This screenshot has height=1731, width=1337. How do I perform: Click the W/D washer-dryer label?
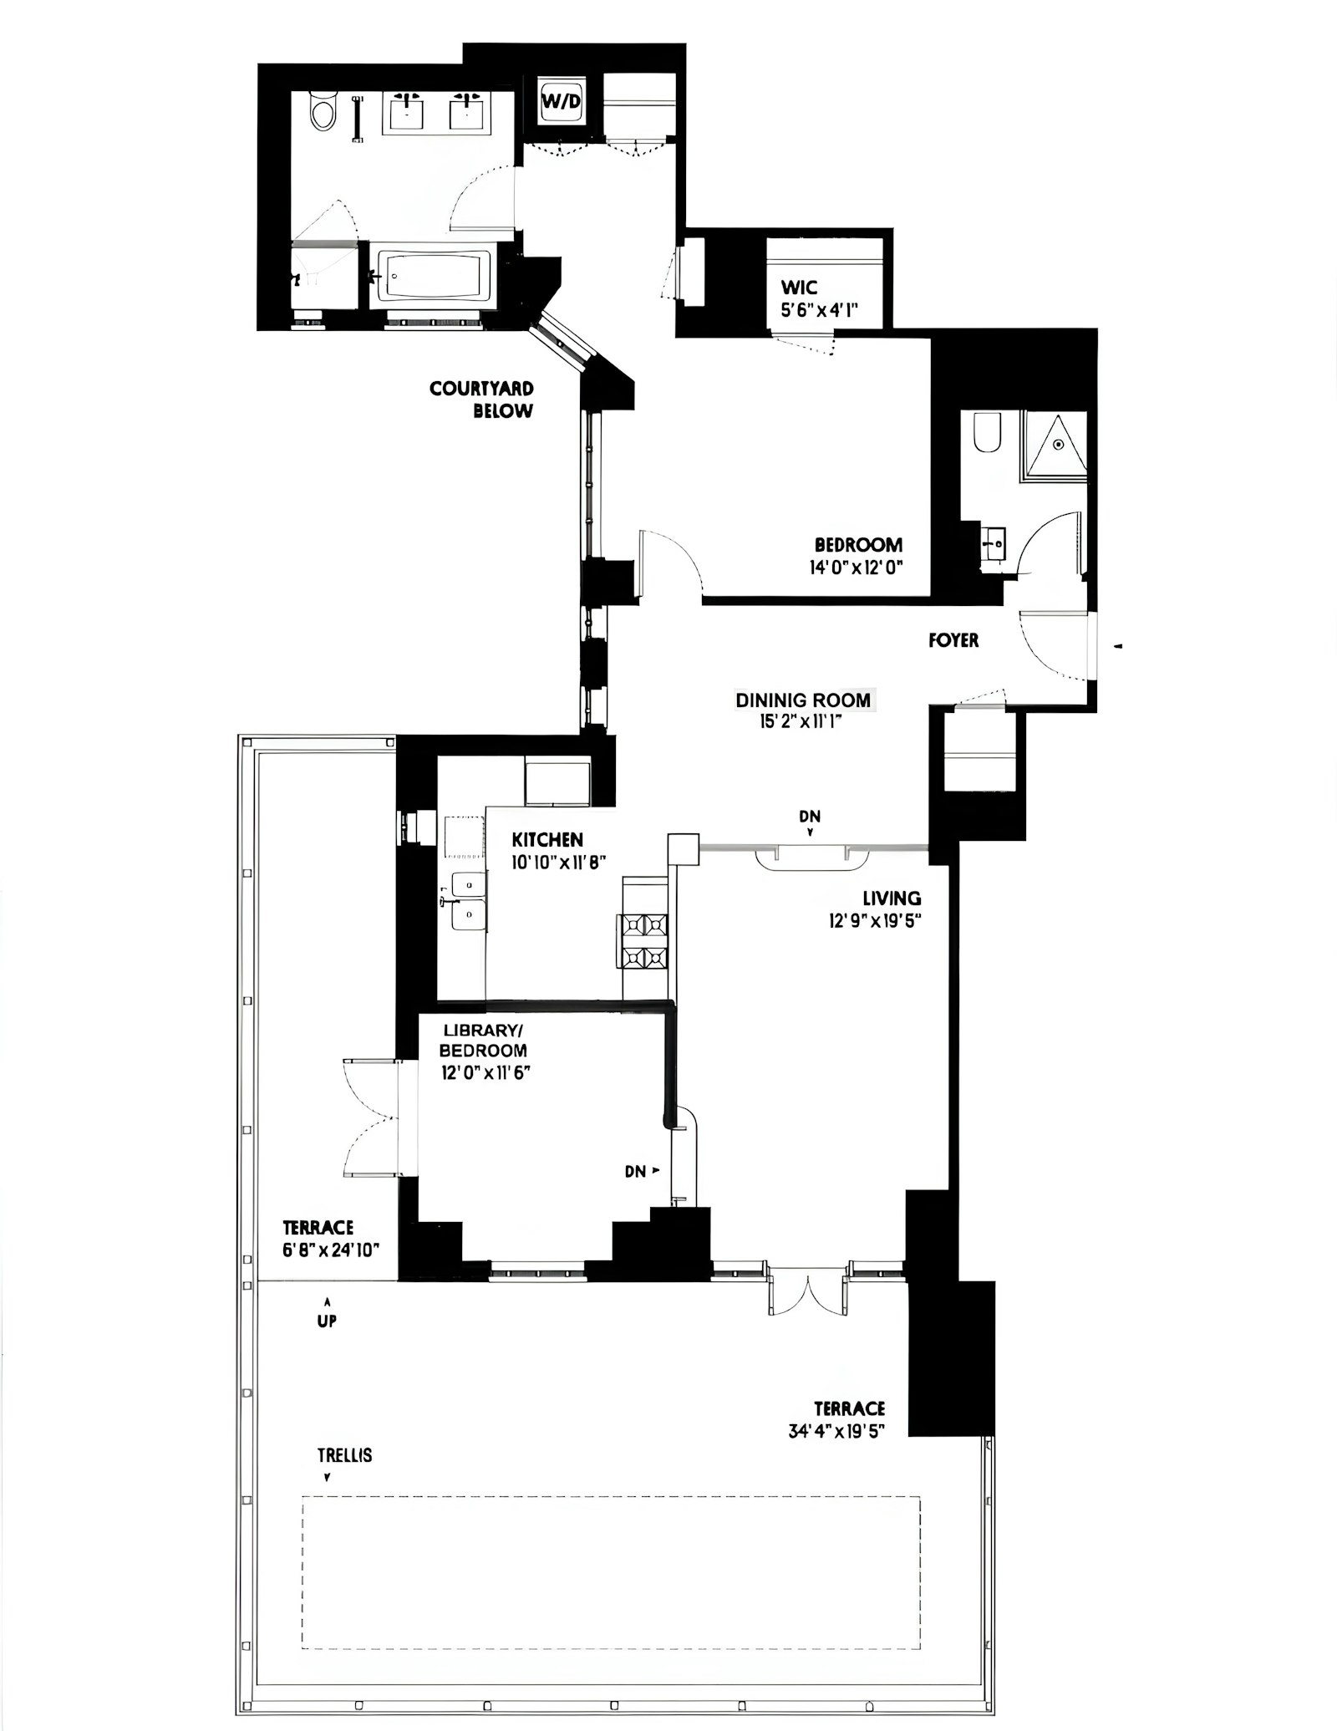pos(561,102)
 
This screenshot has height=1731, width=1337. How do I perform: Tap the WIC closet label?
pos(799,288)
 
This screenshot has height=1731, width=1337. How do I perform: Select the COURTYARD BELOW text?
pos(481,400)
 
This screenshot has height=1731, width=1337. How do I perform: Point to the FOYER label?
pos(953,640)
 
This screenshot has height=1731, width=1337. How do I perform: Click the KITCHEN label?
pos(547,839)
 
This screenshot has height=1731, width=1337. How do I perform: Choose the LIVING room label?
pos(892,899)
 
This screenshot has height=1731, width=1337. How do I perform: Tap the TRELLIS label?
pos(344,1455)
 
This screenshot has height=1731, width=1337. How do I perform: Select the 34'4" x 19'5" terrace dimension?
pos(836,1431)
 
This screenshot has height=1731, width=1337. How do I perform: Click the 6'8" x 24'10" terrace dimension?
pos(331,1250)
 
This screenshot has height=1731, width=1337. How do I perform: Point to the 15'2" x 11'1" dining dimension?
pos(800,721)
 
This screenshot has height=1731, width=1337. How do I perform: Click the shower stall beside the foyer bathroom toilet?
pos(1053,445)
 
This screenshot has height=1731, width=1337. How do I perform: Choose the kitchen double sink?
pos(468,900)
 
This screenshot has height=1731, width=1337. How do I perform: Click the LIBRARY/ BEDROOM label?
pos(484,1041)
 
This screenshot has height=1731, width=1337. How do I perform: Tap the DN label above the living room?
pos(810,817)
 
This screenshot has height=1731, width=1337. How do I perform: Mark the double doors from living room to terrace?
pos(808,1291)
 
